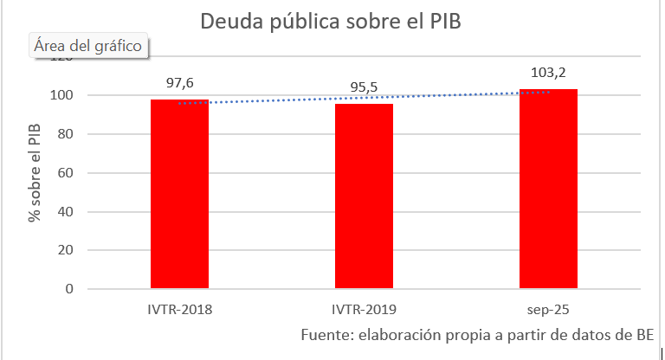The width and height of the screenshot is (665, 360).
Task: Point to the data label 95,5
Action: (x=364, y=87)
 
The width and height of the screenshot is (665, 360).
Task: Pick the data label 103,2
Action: (x=548, y=72)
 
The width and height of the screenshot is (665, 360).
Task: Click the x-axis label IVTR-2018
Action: (x=179, y=308)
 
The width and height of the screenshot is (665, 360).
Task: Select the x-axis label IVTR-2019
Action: (x=364, y=308)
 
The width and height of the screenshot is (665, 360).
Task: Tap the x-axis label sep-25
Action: (x=548, y=308)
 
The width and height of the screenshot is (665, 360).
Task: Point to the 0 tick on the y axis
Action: (x=68, y=289)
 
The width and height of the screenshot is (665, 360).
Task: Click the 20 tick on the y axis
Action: (x=64, y=250)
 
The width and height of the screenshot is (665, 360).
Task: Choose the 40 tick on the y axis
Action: (x=64, y=211)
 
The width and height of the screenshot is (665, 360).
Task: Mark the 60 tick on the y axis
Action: (x=64, y=172)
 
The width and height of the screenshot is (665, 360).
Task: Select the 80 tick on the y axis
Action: (x=64, y=133)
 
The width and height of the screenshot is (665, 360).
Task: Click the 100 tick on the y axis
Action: (x=61, y=94)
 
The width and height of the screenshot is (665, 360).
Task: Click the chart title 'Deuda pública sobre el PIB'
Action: (x=331, y=22)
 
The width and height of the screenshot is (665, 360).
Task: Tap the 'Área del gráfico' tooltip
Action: (x=88, y=46)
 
